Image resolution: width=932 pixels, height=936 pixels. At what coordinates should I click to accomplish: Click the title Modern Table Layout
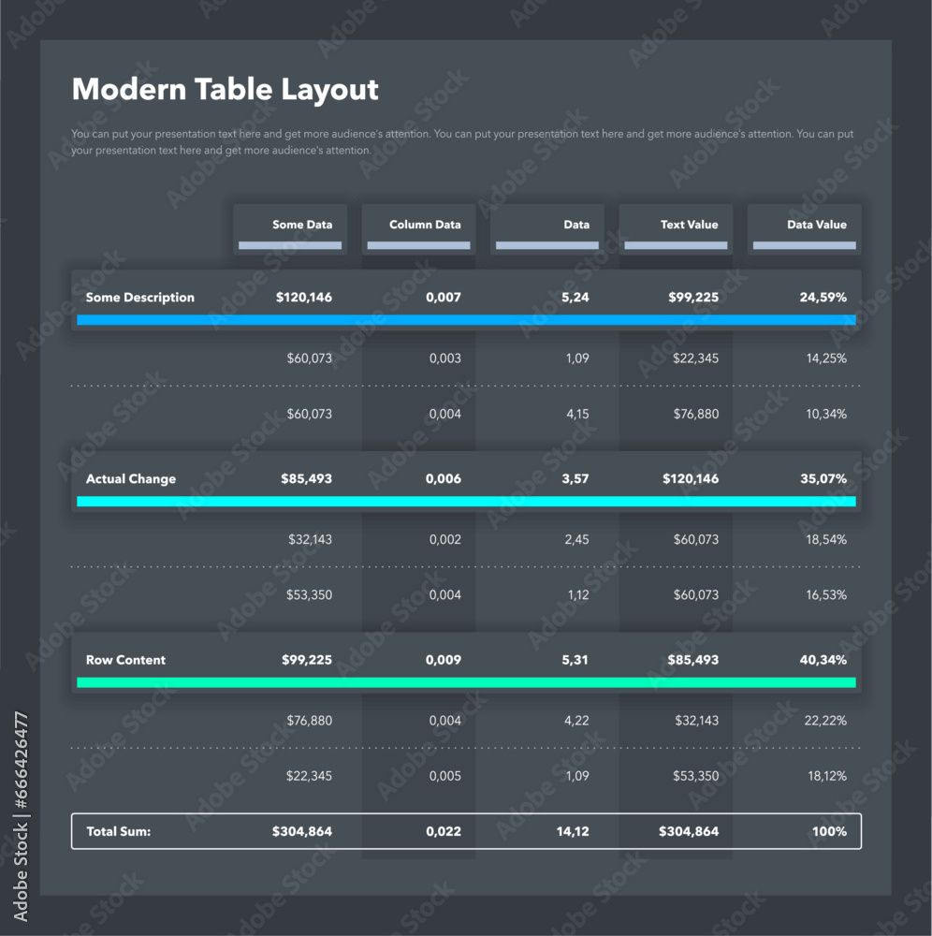225,90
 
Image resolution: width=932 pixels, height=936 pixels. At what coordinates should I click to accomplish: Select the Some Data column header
301,225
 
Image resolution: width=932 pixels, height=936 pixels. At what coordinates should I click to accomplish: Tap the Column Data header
425,225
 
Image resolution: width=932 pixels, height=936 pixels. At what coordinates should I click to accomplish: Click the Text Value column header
689,225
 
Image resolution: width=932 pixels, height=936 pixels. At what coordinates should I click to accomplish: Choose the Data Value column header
816,225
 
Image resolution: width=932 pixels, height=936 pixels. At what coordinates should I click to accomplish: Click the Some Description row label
140,298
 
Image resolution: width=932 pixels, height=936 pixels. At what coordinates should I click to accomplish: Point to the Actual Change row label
131,479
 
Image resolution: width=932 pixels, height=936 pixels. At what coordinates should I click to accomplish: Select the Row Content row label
125,660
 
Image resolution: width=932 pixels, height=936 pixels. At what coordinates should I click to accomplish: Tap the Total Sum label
118,831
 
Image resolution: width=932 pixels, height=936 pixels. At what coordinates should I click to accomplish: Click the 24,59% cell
823,298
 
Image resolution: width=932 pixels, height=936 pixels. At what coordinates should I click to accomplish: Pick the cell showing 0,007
443,298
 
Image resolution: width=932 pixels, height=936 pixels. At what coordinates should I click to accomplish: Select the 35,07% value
823,479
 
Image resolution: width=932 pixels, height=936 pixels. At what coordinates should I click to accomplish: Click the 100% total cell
829,831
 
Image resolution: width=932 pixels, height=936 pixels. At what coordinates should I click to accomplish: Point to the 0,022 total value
443,831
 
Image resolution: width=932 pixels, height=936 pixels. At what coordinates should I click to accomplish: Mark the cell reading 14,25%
823,358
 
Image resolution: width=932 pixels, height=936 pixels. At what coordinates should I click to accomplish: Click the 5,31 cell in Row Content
575,660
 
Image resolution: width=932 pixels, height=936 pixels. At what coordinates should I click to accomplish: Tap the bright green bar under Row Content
466,682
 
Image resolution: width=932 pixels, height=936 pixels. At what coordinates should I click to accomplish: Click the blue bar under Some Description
466,320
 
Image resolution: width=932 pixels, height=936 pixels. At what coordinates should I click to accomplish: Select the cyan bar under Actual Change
466,502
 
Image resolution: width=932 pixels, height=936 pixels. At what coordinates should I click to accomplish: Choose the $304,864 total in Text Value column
689,831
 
